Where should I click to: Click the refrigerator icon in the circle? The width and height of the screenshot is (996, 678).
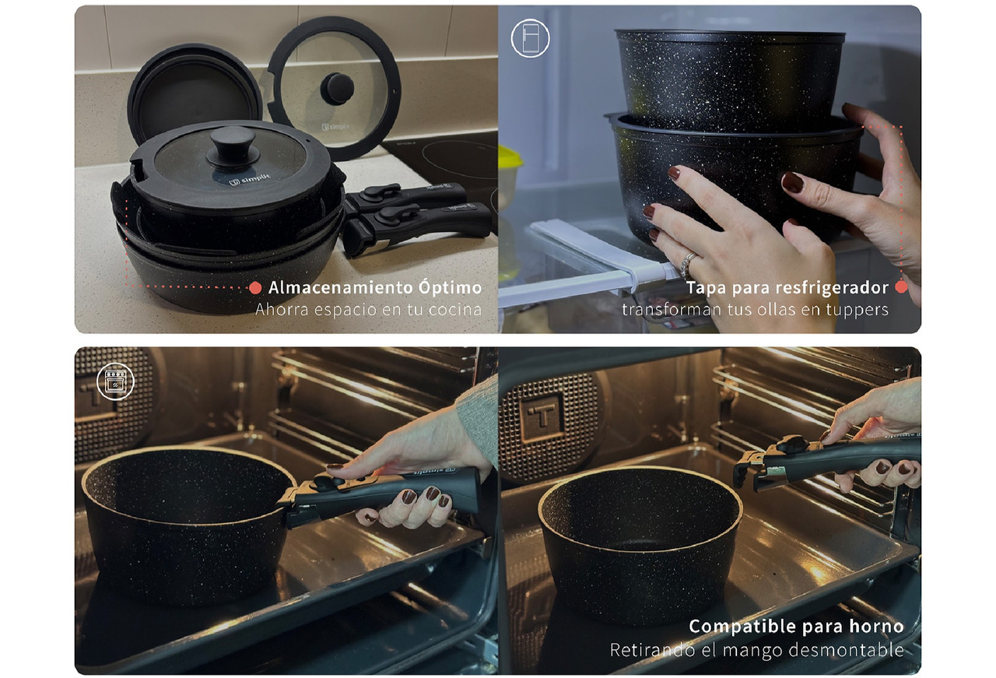530,38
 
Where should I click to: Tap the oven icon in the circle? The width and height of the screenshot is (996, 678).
116,381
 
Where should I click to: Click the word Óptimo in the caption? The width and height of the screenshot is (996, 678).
450,287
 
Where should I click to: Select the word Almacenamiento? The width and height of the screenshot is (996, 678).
341,288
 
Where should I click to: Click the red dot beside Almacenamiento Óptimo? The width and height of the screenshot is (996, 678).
255,288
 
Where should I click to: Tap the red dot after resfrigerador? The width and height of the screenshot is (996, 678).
901,287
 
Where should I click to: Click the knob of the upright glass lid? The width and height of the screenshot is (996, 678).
337,89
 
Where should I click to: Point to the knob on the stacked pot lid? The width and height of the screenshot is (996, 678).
233,143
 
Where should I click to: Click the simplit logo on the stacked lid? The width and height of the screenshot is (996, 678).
250,180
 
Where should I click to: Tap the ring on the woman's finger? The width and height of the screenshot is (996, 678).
687,265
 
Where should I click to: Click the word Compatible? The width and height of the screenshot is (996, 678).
738,627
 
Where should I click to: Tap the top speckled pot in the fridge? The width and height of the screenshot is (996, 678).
730,81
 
